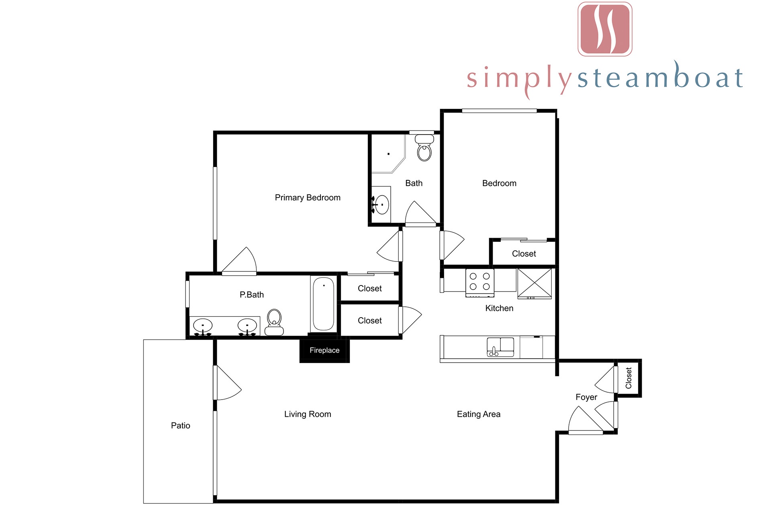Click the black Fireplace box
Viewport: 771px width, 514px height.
324,350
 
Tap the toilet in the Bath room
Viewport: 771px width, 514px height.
424,148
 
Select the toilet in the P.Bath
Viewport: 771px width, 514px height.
274,322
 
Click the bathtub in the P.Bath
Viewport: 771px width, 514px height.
324,304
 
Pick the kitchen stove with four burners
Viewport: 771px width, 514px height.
480,283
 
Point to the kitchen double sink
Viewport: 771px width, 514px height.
500,347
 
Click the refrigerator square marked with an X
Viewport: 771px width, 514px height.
534,284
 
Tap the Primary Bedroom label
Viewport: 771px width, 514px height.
308,198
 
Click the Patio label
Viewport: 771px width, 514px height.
181,426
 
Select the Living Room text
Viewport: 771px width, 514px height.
308,414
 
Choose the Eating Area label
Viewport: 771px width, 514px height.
479,414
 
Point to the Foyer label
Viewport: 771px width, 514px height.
586,397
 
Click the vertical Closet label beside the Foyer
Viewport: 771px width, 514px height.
629,378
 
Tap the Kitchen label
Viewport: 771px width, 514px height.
499,308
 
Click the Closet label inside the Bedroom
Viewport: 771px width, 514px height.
524,254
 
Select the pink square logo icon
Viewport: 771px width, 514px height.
605,29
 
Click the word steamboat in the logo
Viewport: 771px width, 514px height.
660,77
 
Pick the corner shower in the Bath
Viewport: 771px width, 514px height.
388,154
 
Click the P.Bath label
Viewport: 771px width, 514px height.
252,295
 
